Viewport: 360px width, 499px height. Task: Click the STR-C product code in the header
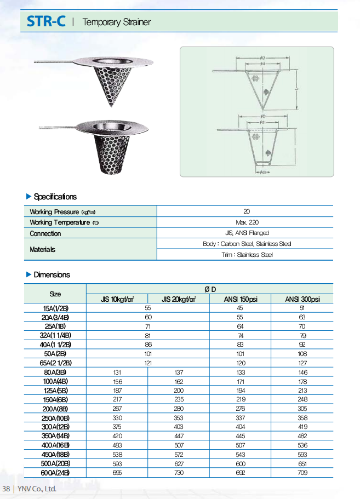pos(46,21)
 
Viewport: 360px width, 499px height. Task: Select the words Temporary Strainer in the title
pos(116,22)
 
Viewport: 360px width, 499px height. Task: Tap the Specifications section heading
pos(55,197)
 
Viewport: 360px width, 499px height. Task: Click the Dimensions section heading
pos(52,274)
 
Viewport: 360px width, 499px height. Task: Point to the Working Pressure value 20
pos(246,211)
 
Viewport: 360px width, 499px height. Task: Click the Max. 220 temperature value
pos(246,222)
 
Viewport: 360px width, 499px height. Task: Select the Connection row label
pos(45,233)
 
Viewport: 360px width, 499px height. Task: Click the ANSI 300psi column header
pos(302,299)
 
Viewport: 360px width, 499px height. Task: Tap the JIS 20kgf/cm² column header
pos(179,299)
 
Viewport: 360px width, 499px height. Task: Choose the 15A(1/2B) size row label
pos(55,308)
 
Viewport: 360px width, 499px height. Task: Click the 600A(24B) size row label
pos(55,473)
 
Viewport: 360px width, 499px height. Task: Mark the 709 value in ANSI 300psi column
pos(302,473)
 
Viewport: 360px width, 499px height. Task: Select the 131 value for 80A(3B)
pos(117,372)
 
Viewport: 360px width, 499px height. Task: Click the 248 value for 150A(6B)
pos(302,400)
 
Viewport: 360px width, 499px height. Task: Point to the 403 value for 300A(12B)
pos(179,427)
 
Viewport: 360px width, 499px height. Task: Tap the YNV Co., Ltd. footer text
pos(37,489)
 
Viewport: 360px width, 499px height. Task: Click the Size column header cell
pos(55,294)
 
